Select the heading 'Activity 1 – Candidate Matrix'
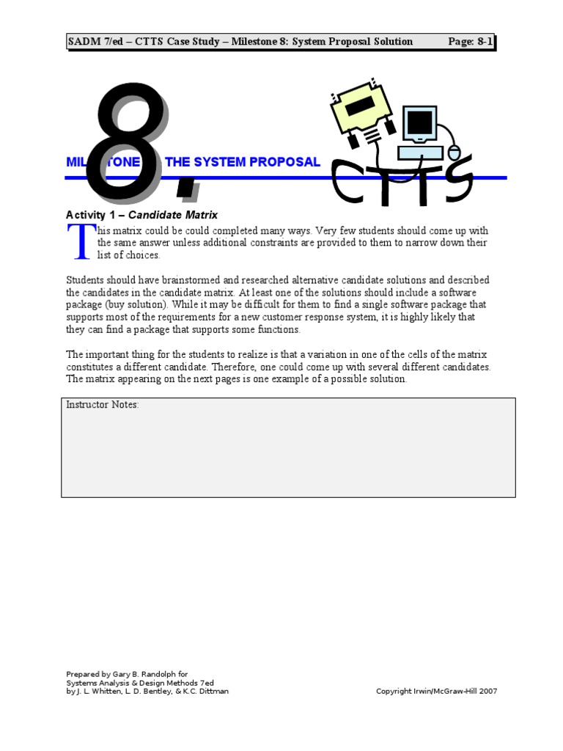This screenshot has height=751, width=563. click(x=141, y=215)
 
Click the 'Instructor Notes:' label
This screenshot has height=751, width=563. click(x=102, y=405)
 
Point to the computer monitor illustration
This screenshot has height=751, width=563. click(x=420, y=124)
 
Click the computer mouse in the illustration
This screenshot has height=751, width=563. click(x=454, y=153)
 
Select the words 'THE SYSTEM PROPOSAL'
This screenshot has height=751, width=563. click(x=243, y=162)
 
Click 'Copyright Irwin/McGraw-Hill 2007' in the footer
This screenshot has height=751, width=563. click(x=436, y=691)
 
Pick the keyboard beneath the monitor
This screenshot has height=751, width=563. click(x=419, y=153)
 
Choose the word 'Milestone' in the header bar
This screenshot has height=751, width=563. click(x=257, y=42)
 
